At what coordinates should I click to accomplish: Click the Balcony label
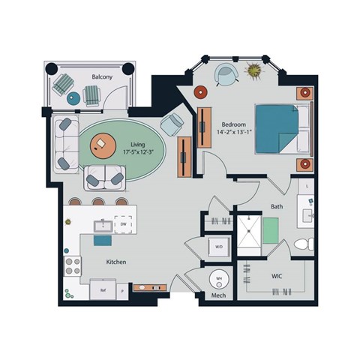[x=102, y=76]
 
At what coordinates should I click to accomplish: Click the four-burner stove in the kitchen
[x=73, y=264]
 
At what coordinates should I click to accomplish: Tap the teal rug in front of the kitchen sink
[x=101, y=240]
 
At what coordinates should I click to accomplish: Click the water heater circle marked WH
[x=218, y=280]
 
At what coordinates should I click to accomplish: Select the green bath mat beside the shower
[x=270, y=228]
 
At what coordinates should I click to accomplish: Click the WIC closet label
[x=277, y=277]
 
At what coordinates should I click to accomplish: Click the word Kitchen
[x=115, y=262]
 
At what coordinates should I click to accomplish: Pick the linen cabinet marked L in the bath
[x=307, y=184]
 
